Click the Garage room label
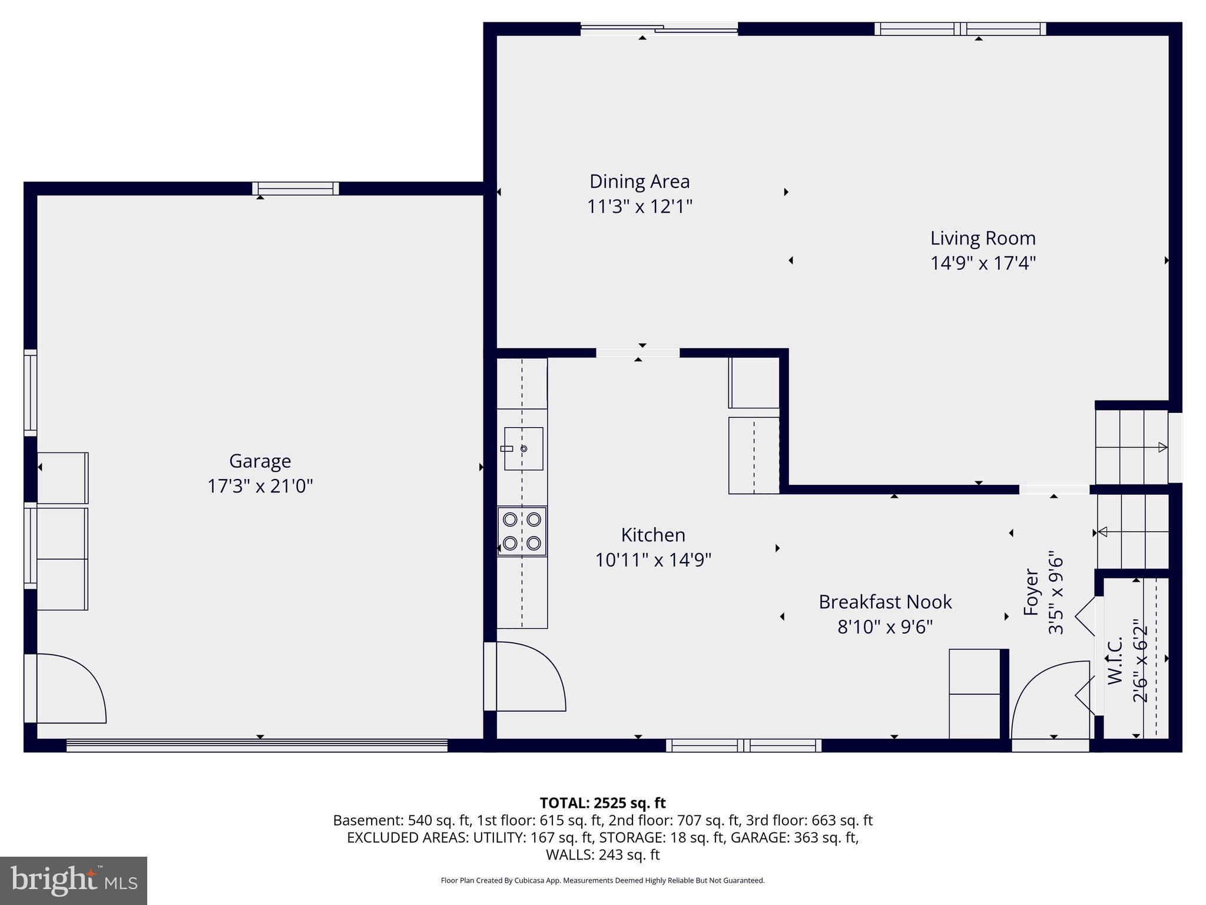click(260, 461)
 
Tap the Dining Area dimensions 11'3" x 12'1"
click(640, 207)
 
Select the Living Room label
click(983, 238)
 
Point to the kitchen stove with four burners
click(522, 531)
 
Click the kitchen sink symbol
click(523, 449)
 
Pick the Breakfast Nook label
click(885, 602)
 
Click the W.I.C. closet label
click(1115, 660)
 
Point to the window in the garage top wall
click(296, 189)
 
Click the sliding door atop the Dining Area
click(659, 28)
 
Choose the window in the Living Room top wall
click(960, 29)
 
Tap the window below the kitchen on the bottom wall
click(744, 745)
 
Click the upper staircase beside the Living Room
click(1131, 447)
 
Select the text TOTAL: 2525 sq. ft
click(602, 803)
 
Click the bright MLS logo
click(74, 881)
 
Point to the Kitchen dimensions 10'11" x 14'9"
click(653, 560)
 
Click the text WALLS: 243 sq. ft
click(602, 854)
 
